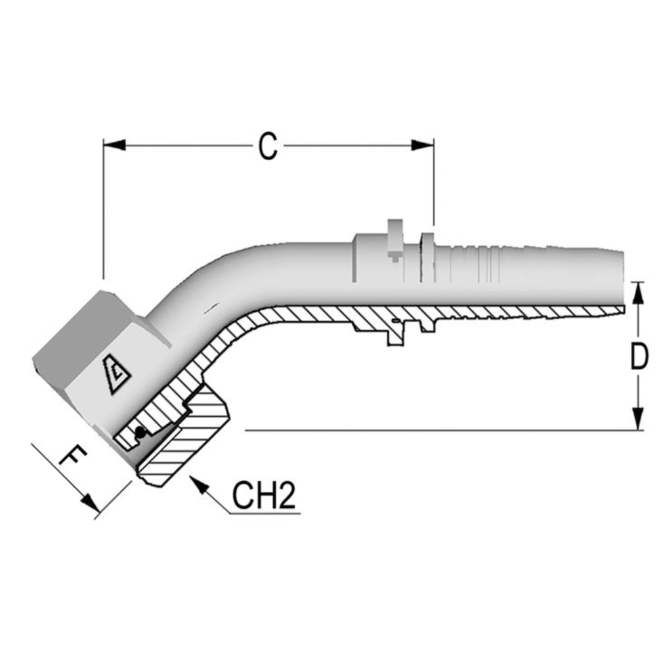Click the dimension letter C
(x=268, y=146)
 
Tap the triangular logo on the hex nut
(x=117, y=375)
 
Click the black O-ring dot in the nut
(x=141, y=432)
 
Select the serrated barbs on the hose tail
(x=473, y=264)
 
